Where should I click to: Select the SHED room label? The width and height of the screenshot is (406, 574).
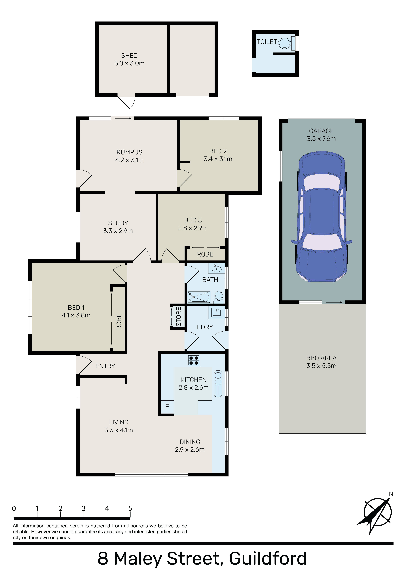(129, 55)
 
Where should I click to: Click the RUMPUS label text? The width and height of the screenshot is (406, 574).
(129, 152)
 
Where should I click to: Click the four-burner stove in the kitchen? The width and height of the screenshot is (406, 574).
(194, 360)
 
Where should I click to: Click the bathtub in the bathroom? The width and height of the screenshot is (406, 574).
(199, 297)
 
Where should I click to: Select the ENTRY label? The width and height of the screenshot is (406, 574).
(105, 366)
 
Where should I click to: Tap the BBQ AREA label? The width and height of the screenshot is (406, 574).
(321, 358)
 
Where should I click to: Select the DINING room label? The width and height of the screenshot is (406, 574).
(190, 442)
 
